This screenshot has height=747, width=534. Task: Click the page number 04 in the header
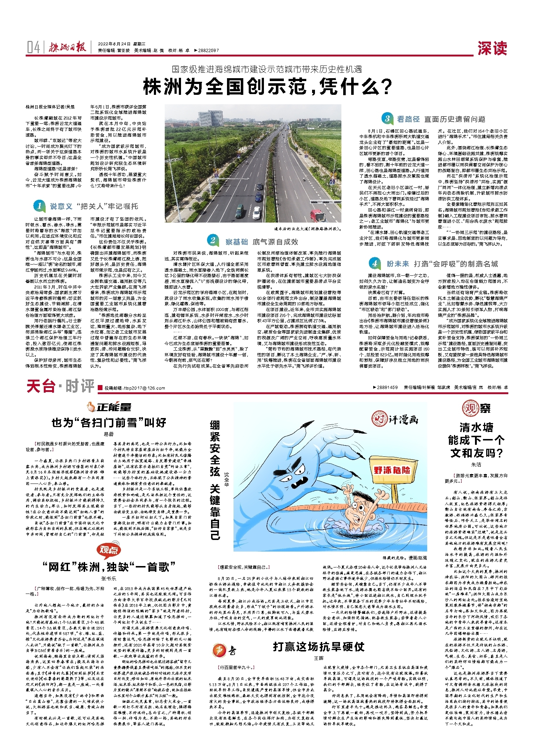[33, 47]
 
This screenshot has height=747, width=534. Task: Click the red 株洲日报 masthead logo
[68, 47]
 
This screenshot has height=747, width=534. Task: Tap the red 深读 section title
[492, 48]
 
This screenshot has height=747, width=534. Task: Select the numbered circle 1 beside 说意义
[39, 206]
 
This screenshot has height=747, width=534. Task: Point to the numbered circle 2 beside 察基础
[213, 240]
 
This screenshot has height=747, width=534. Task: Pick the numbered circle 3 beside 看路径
[387, 118]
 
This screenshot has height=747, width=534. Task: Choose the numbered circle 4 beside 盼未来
[374, 263]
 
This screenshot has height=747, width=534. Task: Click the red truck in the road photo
[318, 215]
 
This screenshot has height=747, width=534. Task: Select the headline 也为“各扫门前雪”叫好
[109, 422]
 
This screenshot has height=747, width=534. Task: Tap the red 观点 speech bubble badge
[108, 550]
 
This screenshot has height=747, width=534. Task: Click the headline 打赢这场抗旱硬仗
[319, 646]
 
